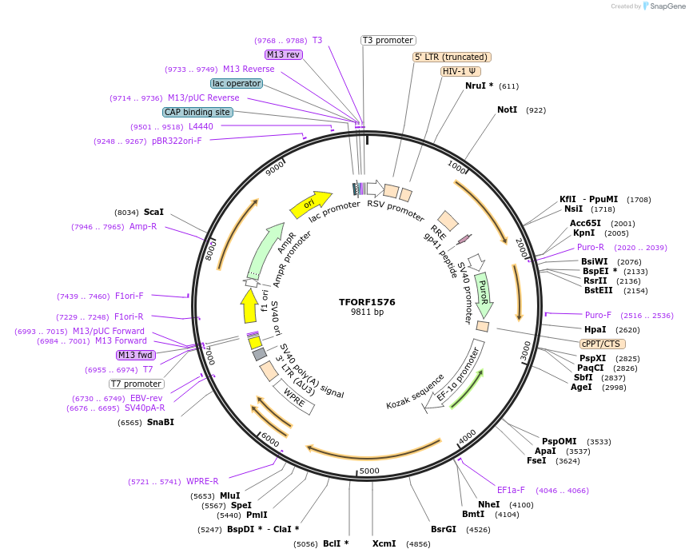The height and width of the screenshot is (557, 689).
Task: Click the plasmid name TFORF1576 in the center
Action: (367, 302)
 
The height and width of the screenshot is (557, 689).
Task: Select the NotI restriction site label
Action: (507, 109)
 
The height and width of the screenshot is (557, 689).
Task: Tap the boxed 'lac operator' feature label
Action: (237, 83)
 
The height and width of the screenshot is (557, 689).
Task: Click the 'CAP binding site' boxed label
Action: (197, 113)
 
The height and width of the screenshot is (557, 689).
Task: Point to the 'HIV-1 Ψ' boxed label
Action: (460, 71)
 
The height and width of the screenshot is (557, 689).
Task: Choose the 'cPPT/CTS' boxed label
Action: (600, 344)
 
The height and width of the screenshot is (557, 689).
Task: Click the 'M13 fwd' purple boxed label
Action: (135, 355)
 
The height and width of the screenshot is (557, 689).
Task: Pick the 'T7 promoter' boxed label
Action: (137, 384)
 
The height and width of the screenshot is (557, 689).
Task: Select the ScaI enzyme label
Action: (153, 212)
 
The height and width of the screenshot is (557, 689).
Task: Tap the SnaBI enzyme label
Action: (160, 422)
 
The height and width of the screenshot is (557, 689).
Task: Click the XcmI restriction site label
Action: (384, 543)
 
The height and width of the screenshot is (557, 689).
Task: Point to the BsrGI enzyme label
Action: (444, 529)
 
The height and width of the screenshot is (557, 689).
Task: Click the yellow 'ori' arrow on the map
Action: (311, 204)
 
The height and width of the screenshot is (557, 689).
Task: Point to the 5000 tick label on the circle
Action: (369, 471)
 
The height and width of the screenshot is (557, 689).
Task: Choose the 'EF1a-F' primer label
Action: (511, 490)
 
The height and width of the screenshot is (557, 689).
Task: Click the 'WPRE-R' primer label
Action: (202, 481)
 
